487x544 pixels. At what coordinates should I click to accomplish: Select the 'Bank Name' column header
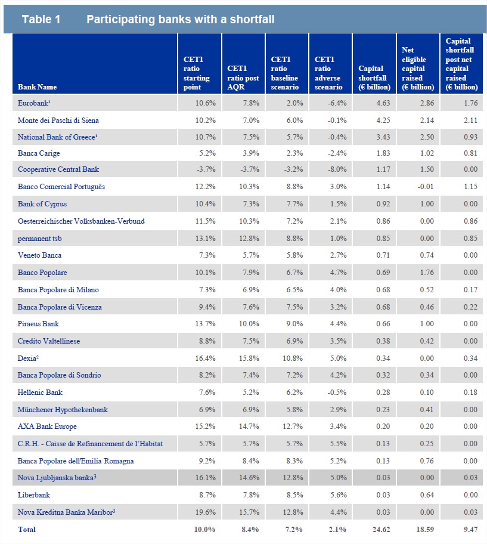pyautogui.click(x=38, y=87)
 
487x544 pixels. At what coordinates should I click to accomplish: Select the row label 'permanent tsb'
pyautogui.click(x=41, y=238)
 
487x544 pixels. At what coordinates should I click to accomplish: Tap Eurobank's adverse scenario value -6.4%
pyautogui.click(x=331, y=103)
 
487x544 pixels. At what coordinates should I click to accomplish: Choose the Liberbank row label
pyautogui.click(x=33, y=495)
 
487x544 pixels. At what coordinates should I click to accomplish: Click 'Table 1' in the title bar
pyautogui.click(x=41, y=20)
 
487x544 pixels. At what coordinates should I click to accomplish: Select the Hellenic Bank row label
pyautogui.click(x=40, y=392)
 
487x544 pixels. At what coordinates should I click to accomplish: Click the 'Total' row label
pyautogui.click(x=27, y=529)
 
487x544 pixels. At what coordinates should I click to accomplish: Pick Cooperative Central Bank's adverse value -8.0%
pyautogui.click(x=331, y=169)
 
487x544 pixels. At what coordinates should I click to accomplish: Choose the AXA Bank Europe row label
pyautogui.click(x=47, y=426)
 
